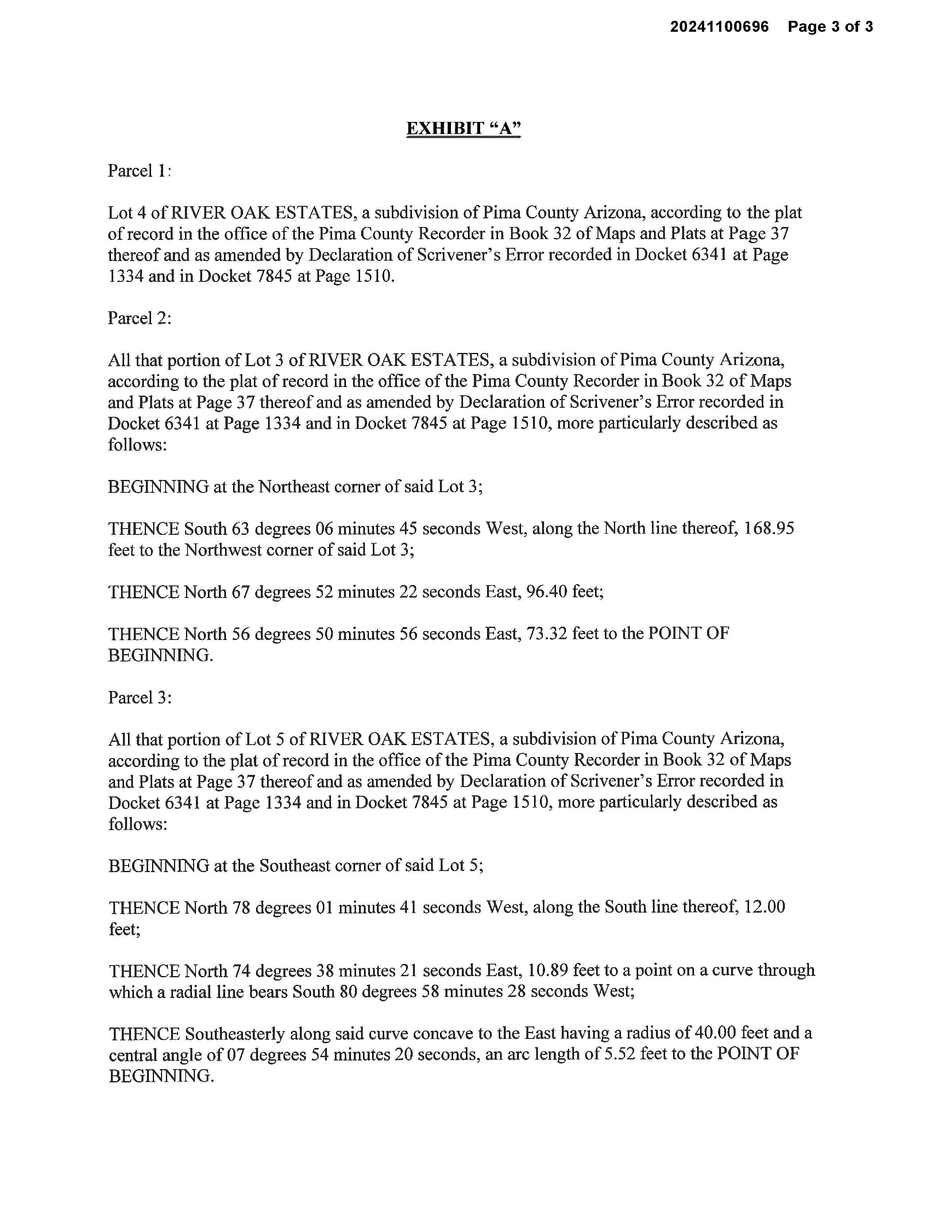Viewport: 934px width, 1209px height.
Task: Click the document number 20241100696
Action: tap(719, 27)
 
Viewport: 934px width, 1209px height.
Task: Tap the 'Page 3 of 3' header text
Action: tap(830, 27)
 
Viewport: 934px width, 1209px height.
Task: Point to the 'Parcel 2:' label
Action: tap(139, 318)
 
